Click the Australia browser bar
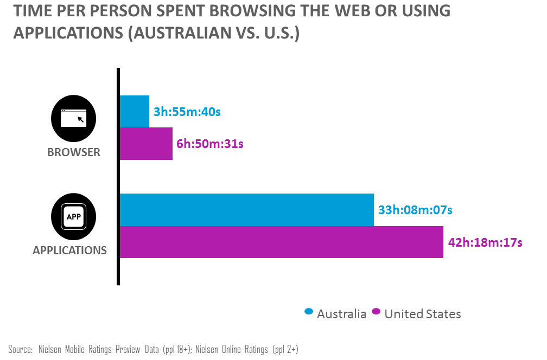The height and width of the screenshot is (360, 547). coord(134,112)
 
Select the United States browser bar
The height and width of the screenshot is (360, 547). coord(146,144)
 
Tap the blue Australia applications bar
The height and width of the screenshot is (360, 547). coord(246,209)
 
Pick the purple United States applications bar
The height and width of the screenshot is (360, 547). coord(281,242)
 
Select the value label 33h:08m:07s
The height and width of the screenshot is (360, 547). coord(415,209)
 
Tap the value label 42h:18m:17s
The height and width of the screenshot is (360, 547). coord(485,242)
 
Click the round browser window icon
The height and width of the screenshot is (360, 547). coord(73,118)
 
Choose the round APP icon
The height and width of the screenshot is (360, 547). coord(73,216)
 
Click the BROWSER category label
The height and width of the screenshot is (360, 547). coord(74,152)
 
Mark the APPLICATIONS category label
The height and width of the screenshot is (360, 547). coord(69,250)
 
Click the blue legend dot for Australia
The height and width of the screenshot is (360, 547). coord(309,312)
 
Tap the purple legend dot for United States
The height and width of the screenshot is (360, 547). coord(376,312)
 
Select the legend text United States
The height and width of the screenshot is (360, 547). coord(423,314)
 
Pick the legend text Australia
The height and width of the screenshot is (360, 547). coord(341,314)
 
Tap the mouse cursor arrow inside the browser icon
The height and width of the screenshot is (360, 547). coord(80,119)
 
